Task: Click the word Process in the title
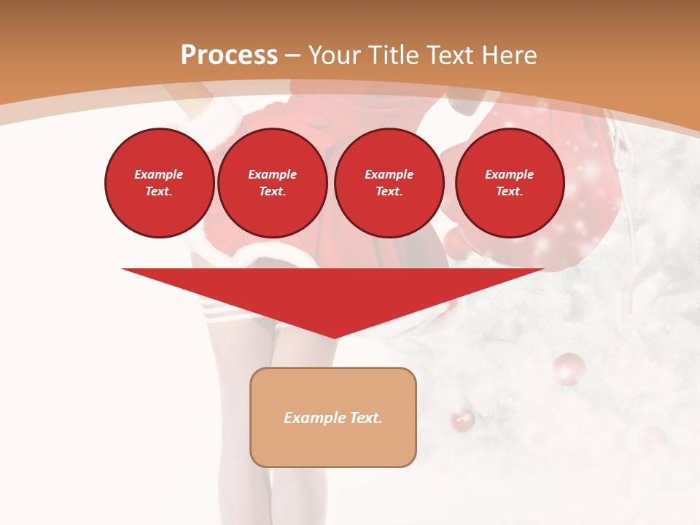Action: pyautogui.click(x=229, y=55)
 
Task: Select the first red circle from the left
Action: pyautogui.click(x=159, y=183)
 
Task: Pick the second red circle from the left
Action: pyautogui.click(x=272, y=183)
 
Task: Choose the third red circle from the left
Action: pyautogui.click(x=389, y=183)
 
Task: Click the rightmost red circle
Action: pyautogui.click(x=509, y=183)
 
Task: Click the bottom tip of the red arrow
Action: pyautogui.click(x=334, y=337)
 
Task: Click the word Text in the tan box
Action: pyautogui.click(x=367, y=418)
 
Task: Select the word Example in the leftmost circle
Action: pyautogui.click(x=159, y=174)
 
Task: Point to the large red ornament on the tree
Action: pyautogui.click(x=569, y=369)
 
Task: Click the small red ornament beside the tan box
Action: pyautogui.click(x=462, y=420)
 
